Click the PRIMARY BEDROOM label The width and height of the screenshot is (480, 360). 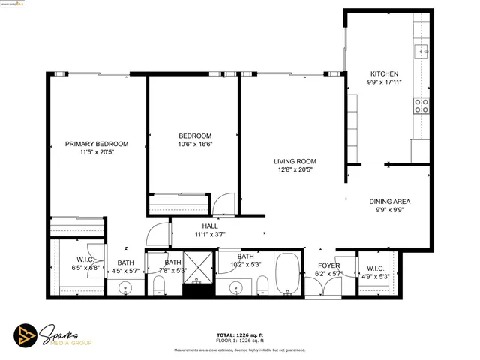tap(96, 144)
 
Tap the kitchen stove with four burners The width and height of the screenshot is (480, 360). tap(421, 105)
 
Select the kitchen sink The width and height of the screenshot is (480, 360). tap(422, 51)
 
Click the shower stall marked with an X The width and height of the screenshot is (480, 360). tap(199, 268)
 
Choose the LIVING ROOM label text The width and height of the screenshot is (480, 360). tap(294, 161)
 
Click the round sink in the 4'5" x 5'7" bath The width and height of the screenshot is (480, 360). tap(124, 287)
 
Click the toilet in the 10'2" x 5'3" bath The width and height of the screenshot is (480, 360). tap(262, 284)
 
